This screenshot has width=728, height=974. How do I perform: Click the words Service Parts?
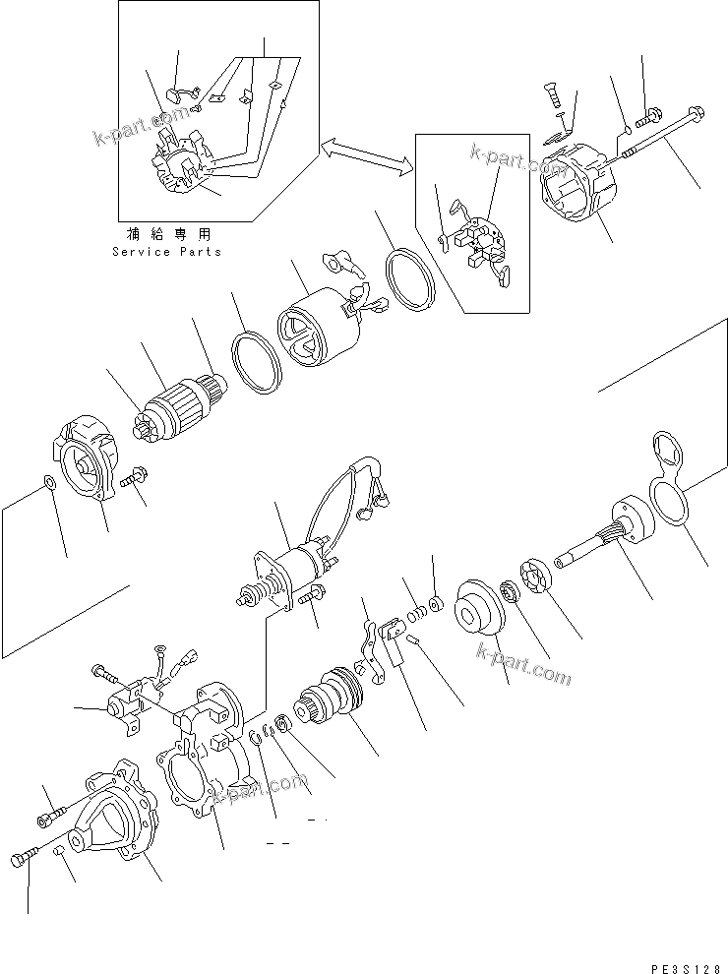tap(166, 252)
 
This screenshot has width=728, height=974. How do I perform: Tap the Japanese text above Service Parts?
tap(167, 235)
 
